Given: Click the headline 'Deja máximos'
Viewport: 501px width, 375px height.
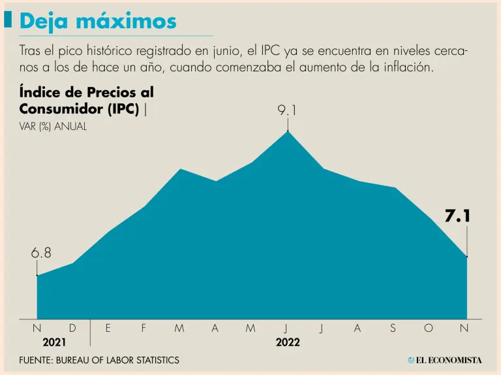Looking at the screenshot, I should [98, 21].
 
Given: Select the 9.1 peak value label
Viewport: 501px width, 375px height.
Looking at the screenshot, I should [287, 111].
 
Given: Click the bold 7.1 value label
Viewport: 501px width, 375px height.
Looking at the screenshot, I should [458, 217].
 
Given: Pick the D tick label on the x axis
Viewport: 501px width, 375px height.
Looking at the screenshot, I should [72, 329].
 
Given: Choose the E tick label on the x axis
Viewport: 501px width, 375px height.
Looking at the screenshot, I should [108, 329].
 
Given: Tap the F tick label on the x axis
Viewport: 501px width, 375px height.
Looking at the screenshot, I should [144, 329].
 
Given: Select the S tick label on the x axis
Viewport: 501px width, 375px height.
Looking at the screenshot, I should [393, 329].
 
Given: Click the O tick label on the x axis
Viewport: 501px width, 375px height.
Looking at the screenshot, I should [429, 329].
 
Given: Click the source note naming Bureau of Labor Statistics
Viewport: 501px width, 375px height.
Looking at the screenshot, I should [99, 360].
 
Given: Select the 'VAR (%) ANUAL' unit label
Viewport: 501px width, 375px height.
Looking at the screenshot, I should [53, 127].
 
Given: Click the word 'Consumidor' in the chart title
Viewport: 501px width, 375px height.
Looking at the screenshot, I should [59, 108].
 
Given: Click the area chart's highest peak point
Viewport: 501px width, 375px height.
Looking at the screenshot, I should [288, 131].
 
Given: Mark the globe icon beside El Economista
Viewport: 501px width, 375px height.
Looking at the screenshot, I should [411, 360].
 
